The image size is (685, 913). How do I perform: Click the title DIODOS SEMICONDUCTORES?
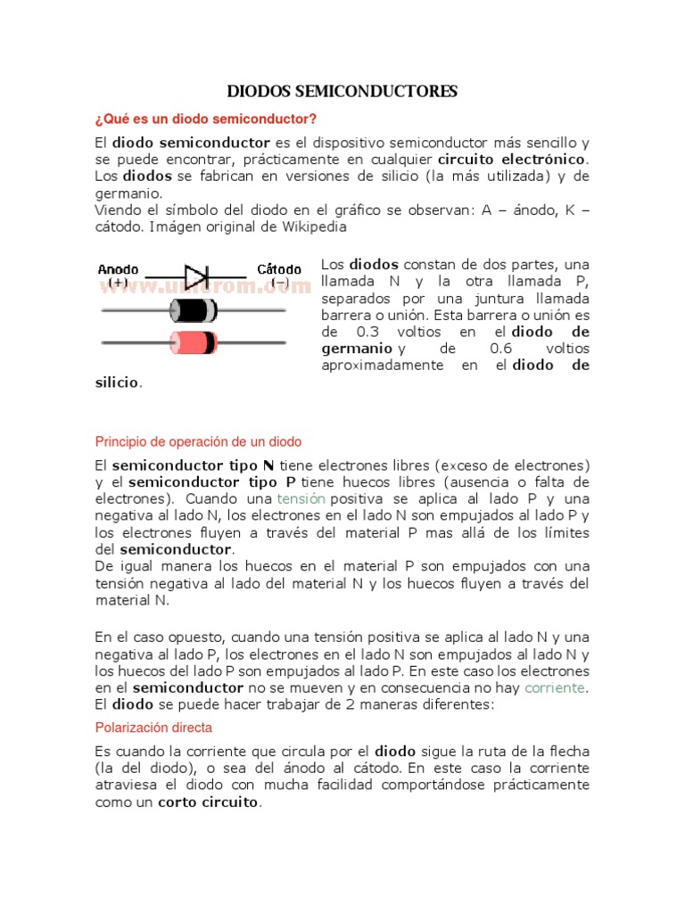(342, 92)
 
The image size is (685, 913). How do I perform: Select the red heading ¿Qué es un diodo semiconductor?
(205, 119)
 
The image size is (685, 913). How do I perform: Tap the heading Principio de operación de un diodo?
(198, 441)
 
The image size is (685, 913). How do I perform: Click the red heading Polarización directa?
(153, 727)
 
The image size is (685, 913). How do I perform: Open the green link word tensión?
(301, 498)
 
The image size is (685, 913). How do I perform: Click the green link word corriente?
(556, 687)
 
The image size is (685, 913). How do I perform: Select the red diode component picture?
(193, 341)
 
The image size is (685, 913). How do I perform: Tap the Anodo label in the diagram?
(118, 268)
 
